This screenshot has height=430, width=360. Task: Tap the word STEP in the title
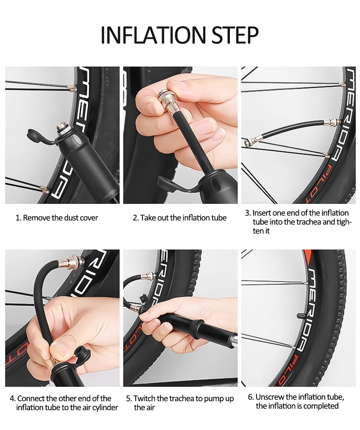point(235,35)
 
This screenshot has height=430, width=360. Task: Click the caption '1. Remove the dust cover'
point(57,218)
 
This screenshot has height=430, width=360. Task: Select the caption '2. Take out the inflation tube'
point(180,218)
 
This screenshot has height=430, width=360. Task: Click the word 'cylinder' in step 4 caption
point(105,408)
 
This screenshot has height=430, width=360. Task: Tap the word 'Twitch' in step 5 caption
point(145,399)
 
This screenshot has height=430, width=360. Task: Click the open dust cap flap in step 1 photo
point(38,136)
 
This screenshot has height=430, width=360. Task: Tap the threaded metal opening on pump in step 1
point(62,128)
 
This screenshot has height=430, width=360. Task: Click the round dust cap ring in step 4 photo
point(81,352)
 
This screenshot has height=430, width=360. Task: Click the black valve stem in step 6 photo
point(301,315)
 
